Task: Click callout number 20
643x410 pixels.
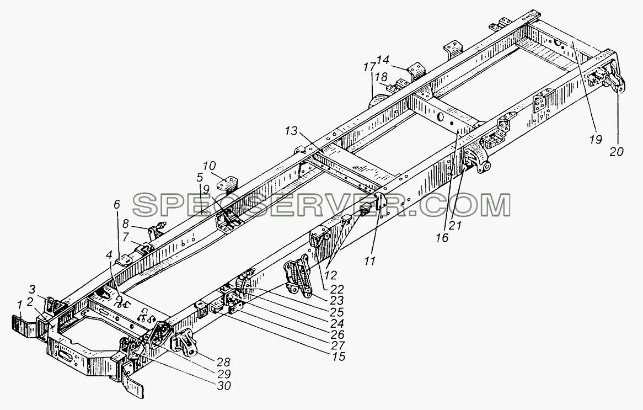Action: [x=616, y=152]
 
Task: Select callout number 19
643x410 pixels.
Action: [x=596, y=140]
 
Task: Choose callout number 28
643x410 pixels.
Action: [x=223, y=363]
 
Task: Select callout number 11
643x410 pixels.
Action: [x=370, y=261]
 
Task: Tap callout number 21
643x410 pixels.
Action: [x=455, y=225]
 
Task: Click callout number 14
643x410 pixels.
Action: [x=383, y=60]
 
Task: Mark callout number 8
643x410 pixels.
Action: [x=125, y=224]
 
